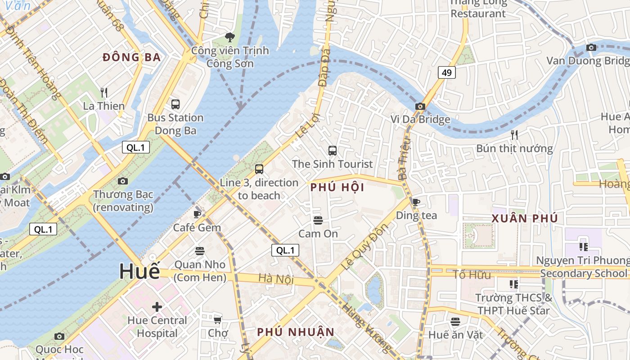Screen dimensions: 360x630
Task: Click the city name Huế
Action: tap(139, 271)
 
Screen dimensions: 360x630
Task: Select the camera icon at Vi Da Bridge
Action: tap(420, 107)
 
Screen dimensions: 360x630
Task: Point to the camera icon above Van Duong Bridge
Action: tap(591, 48)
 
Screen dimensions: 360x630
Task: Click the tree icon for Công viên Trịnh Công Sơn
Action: tap(230, 37)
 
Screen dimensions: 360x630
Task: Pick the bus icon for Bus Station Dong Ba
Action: tap(175, 104)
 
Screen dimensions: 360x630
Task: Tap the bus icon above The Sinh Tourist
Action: tap(333, 151)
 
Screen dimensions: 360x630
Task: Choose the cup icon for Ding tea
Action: tap(416, 202)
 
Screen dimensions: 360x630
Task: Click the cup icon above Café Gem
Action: tap(197, 214)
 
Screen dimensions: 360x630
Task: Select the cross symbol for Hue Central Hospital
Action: tap(157, 307)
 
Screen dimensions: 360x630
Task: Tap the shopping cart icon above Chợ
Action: tap(218, 320)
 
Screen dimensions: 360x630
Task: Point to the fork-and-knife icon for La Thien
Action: tap(104, 93)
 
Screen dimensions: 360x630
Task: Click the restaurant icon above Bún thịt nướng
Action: tap(514, 135)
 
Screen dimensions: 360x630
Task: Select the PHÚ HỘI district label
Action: tap(337, 188)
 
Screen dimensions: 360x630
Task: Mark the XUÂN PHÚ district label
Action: tap(525, 219)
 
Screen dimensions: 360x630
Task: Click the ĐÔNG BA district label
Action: tap(131, 57)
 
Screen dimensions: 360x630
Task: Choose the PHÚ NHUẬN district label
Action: tap(296, 332)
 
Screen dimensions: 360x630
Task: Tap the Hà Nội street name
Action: tap(276, 279)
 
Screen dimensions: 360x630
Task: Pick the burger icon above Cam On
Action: tap(318, 220)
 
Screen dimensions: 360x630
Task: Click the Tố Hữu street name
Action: tap(472, 274)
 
